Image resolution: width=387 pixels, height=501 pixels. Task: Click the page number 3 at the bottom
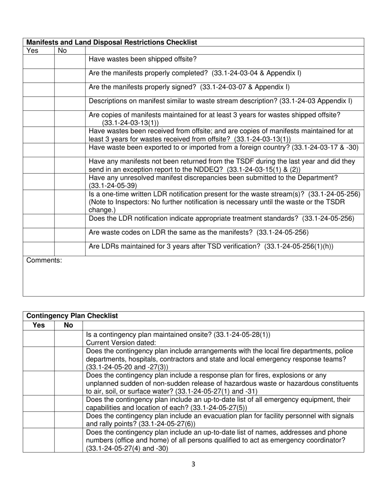[193, 464]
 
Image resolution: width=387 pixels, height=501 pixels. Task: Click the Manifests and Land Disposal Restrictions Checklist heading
[112, 42]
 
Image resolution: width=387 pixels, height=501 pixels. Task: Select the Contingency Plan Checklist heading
[72, 316]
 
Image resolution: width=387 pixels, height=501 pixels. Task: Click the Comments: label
[44, 260]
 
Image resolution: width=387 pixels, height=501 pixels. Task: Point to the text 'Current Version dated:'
[121, 343]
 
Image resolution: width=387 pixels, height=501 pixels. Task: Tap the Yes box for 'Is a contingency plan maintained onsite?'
[39, 338]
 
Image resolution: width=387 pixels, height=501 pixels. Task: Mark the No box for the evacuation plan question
[68, 420]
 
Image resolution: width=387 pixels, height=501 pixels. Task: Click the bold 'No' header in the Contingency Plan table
[68, 325]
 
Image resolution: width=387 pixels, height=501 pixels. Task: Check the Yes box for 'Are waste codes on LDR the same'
[39, 235]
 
